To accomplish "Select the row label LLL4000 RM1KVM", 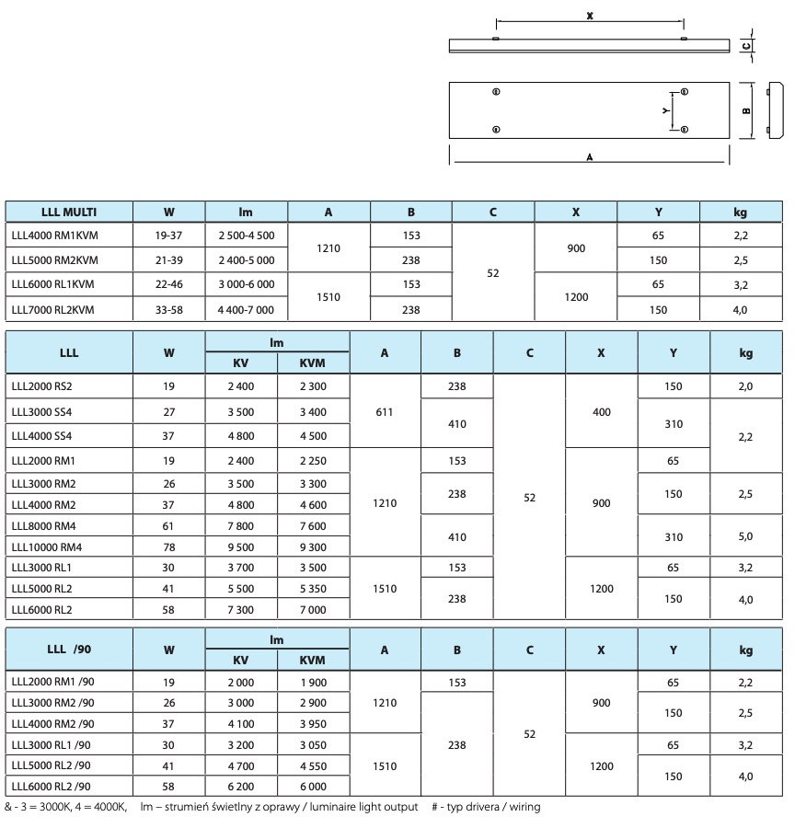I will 54,236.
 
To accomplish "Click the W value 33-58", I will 169,310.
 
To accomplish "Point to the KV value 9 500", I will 241,547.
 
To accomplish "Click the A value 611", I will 385,412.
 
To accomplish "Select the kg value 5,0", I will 744,536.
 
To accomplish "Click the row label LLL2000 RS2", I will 42,386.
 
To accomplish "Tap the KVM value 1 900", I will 313,682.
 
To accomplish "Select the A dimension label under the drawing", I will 589,157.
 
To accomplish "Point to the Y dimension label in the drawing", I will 664,109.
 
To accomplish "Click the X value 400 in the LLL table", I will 601,412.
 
